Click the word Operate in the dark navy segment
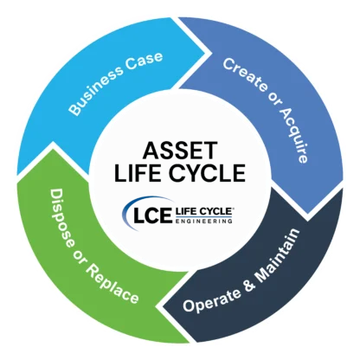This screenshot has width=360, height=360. click(x=212, y=299)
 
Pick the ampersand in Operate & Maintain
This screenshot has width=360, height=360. click(x=249, y=283)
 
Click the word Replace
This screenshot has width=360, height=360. click(x=112, y=285)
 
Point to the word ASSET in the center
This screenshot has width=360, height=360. click(x=180, y=151)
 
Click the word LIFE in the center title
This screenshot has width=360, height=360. click(x=137, y=173)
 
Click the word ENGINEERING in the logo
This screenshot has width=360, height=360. click(x=203, y=222)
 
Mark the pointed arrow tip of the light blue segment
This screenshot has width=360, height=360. click(x=205, y=53)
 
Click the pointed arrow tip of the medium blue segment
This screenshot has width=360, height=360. click(x=308, y=213)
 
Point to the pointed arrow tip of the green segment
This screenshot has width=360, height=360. click(x=53, y=142)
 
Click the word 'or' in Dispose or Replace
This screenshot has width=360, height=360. click(x=78, y=256)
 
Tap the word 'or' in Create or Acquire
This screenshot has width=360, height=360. click(x=273, y=99)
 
